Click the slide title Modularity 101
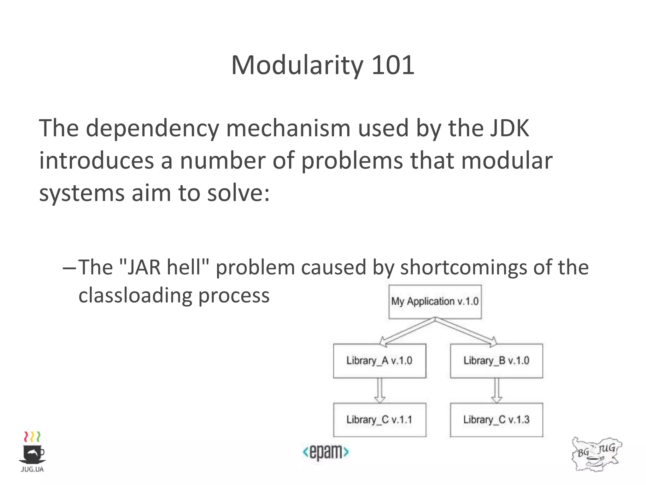322,65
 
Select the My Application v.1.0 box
435,302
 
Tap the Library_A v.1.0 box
379,361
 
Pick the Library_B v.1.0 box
496,361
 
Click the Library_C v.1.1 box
379,420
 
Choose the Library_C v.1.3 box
496,420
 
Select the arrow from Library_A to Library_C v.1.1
379,391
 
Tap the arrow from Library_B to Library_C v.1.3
496,391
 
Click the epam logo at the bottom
326,452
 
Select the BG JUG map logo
596,454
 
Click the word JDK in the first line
509,128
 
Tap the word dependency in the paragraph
152,129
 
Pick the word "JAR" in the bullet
141,267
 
